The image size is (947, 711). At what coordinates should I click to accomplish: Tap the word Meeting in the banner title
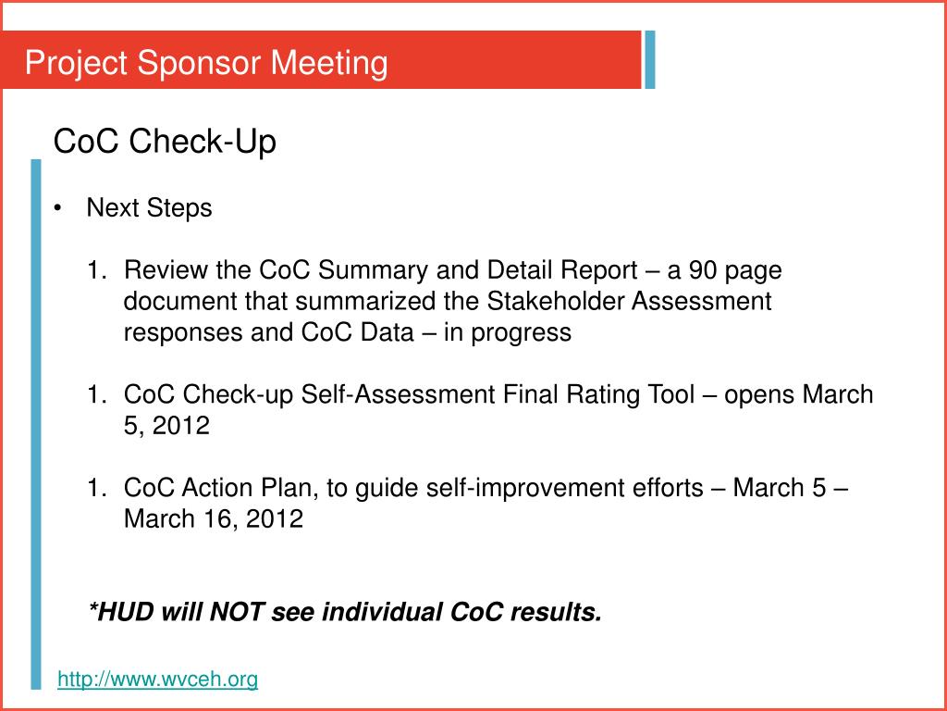pos(328,63)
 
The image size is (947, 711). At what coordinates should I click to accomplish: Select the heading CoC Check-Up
pos(165,143)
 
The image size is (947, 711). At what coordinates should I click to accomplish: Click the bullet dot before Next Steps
pos(58,208)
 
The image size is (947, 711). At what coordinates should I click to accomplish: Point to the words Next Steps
pos(149,208)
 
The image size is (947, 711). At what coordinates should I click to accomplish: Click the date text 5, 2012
pos(167,426)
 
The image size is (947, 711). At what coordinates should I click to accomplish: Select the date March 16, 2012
pos(214,518)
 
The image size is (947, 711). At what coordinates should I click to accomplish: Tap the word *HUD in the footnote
pos(121,612)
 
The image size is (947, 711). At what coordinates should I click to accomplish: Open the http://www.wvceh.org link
pos(158,680)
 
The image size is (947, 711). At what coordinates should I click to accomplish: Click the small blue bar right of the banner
pos(650,59)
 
